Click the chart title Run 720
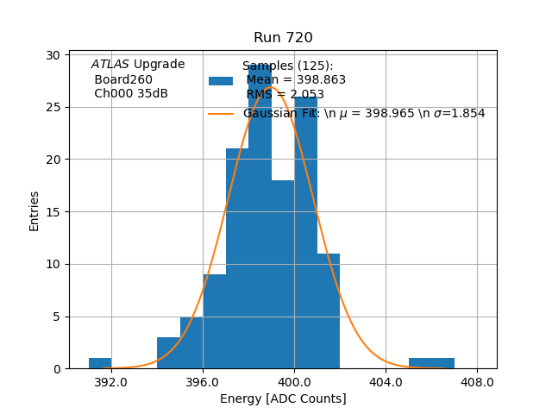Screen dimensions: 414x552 [x=283, y=38]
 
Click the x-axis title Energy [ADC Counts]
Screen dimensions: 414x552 [x=283, y=398]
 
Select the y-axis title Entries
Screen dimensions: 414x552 [x=34, y=210]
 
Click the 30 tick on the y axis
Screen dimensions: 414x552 [x=53, y=55]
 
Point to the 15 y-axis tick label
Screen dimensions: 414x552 [x=53, y=212]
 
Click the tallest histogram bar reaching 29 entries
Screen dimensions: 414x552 [x=260, y=216]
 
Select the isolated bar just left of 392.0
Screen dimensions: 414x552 [x=100, y=363]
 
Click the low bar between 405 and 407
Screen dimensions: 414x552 [x=431, y=363]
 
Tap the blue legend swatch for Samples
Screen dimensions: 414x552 [x=221, y=80]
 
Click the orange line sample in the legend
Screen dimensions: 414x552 [x=221, y=114]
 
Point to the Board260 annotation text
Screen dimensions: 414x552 [x=122, y=79]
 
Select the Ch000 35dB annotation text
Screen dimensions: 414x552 [x=130, y=94]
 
